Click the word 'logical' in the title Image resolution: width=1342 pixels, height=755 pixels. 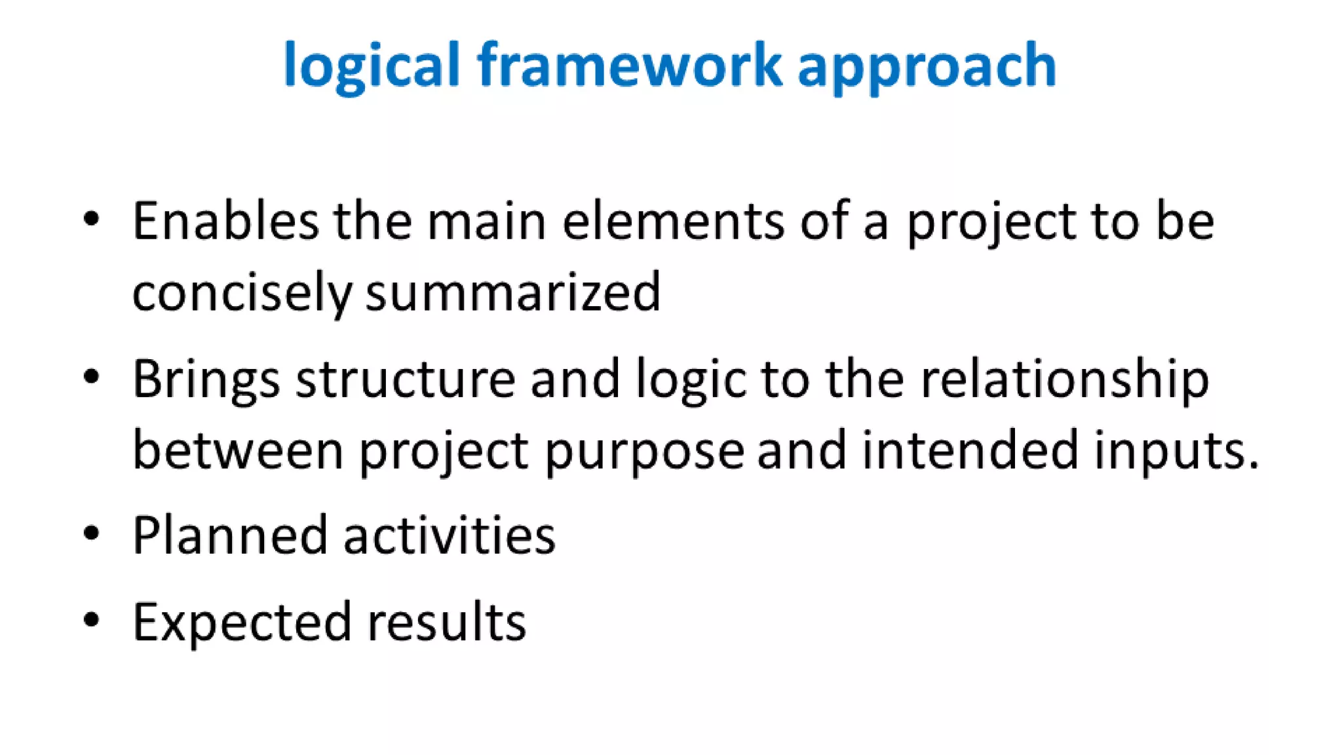[372, 66]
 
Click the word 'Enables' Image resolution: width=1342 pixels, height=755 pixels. [225, 221]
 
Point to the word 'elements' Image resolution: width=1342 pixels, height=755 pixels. [673, 221]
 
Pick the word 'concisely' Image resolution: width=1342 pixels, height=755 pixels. [242, 293]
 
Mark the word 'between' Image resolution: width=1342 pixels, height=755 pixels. [238, 450]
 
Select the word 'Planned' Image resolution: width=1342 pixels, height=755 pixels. [229, 535]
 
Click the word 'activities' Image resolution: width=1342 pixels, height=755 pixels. [450, 535]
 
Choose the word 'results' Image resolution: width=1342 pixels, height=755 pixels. [446, 621]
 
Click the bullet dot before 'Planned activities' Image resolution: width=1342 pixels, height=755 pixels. [92, 533]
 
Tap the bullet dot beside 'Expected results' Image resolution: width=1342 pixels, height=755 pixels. [92, 619]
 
